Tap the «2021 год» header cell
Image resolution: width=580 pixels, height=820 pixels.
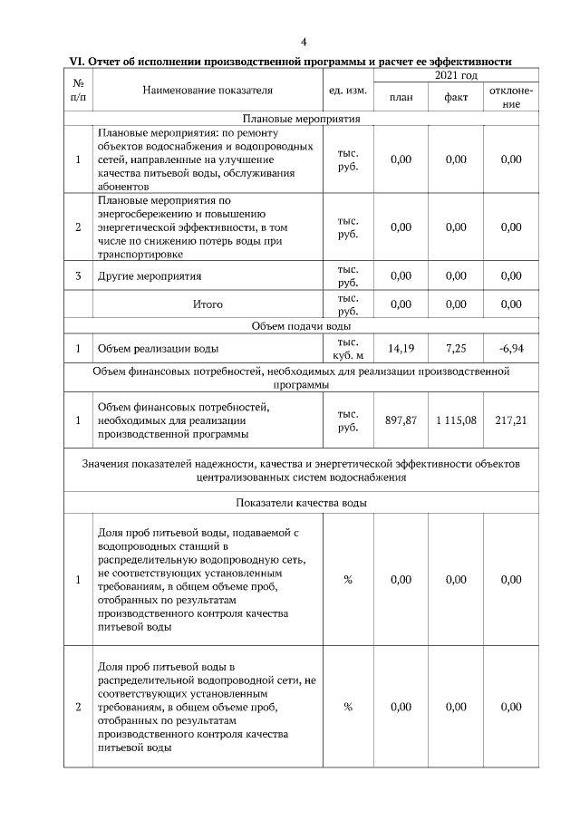tap(456, 75)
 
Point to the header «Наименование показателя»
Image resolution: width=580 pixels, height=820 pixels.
tap(207, 90)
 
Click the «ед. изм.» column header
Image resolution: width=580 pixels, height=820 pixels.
tap(347, 90)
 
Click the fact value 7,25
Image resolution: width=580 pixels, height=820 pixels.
tap(456, 348)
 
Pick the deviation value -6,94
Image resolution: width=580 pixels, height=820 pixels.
tap(511, 348)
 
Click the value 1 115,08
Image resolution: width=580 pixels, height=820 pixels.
tap(456, 420)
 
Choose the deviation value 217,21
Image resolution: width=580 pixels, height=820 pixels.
tap(511, 420)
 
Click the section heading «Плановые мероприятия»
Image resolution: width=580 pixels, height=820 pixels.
tap(301, 119)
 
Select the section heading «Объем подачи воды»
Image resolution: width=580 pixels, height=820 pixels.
tap(301, 326)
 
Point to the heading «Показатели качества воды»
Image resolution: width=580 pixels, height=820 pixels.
tap(301, 503)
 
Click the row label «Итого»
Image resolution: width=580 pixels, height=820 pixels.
tap(208, 304)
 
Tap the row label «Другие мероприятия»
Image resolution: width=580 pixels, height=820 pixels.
tap(150, 275)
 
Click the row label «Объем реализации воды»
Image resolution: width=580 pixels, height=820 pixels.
tap(158, 348)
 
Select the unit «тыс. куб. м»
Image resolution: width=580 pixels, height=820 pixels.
tap(347, 348)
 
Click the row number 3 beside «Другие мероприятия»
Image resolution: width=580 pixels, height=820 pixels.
tap(79, 275)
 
